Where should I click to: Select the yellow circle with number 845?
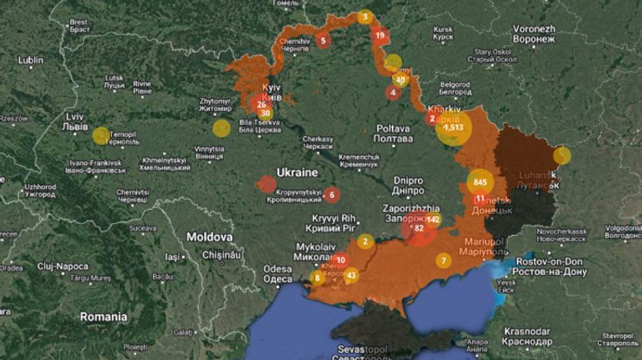(481, 182)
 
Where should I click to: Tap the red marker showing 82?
(420, 229)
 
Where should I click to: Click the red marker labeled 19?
(380, 36)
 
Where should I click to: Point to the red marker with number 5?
(323, 40)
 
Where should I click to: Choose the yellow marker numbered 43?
(350, 276)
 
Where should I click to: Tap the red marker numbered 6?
(331, 194)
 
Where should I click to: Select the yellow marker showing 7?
(444, 260)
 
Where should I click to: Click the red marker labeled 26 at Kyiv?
(261, 105)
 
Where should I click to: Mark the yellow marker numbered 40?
(400, 79)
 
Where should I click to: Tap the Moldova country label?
(209, 236)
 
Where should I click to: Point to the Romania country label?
(103, 317)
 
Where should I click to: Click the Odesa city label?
(278, 274)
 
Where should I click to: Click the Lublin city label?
(29, 60)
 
